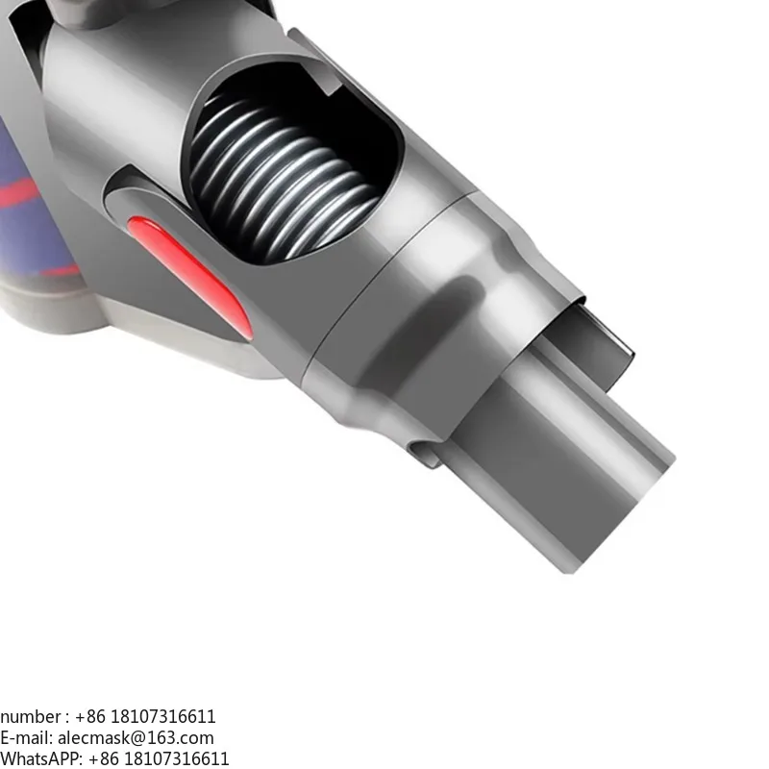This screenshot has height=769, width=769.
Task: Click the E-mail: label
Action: click(x=26, y=738)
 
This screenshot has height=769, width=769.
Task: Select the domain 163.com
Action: click(x=183, y=738)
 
